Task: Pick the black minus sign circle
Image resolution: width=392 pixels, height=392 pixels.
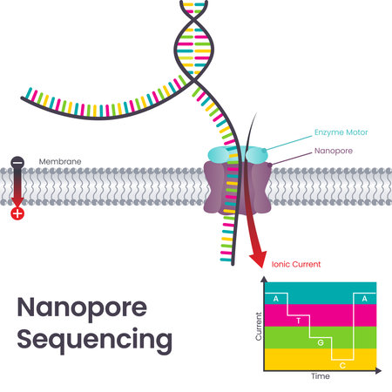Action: [17, 163]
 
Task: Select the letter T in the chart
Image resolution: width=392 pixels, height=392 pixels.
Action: [299, 321]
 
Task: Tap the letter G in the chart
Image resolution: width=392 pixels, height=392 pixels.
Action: [321, 341]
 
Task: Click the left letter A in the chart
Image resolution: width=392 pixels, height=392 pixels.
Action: [276, 299]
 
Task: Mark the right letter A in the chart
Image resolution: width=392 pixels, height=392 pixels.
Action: [364, 299]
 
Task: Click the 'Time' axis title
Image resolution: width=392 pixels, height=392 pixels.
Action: [320, 378]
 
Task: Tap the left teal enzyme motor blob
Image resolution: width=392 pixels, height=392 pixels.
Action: [216, 154]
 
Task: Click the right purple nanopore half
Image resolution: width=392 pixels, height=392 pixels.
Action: [256, 186]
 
